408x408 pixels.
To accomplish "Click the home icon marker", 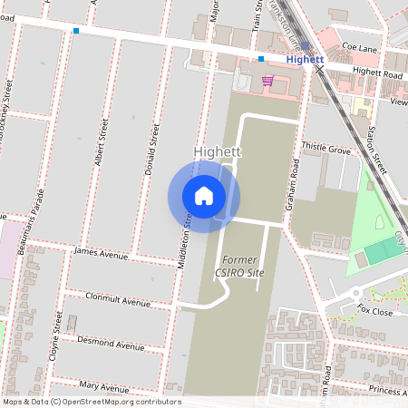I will [204, 195].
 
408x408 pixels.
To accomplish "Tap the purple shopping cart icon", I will [267, 80].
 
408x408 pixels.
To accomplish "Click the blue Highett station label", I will [304, 59].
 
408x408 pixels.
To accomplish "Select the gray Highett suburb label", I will [217, 151].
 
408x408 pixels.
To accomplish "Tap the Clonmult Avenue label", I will [117, 300].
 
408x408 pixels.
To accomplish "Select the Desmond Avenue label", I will [112, 345].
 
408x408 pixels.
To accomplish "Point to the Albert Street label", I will [101, 145].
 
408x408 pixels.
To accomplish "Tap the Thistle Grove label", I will [325, 147].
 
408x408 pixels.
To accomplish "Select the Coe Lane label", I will [359, 46].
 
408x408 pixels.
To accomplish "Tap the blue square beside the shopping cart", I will [261, 59].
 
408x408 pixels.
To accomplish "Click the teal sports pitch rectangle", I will [375, 255].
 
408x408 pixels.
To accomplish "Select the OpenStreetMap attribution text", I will [92, 401].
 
